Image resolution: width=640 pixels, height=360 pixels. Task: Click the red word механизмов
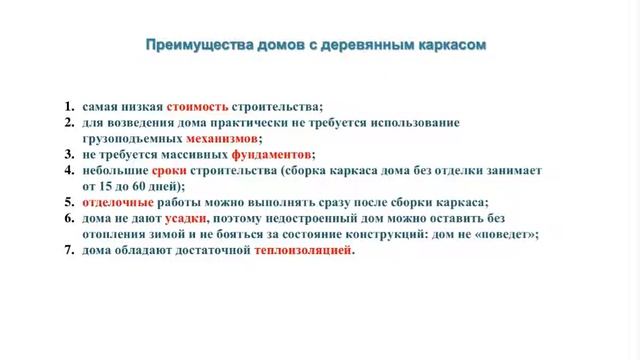[x=221, y=138]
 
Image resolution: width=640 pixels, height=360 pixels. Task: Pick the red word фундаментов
[x=271, y=154]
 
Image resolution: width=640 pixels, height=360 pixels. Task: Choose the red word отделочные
[x=113, y=202]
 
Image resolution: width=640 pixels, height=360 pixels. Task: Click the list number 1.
[x=68, y=105]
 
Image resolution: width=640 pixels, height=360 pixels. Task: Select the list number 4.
[x=68, y=170]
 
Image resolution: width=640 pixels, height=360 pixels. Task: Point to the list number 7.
[x=68, y=250]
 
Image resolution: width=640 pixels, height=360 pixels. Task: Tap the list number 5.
[x=68, y=202]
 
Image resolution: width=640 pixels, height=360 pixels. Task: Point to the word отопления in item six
[x=116, y=234]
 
